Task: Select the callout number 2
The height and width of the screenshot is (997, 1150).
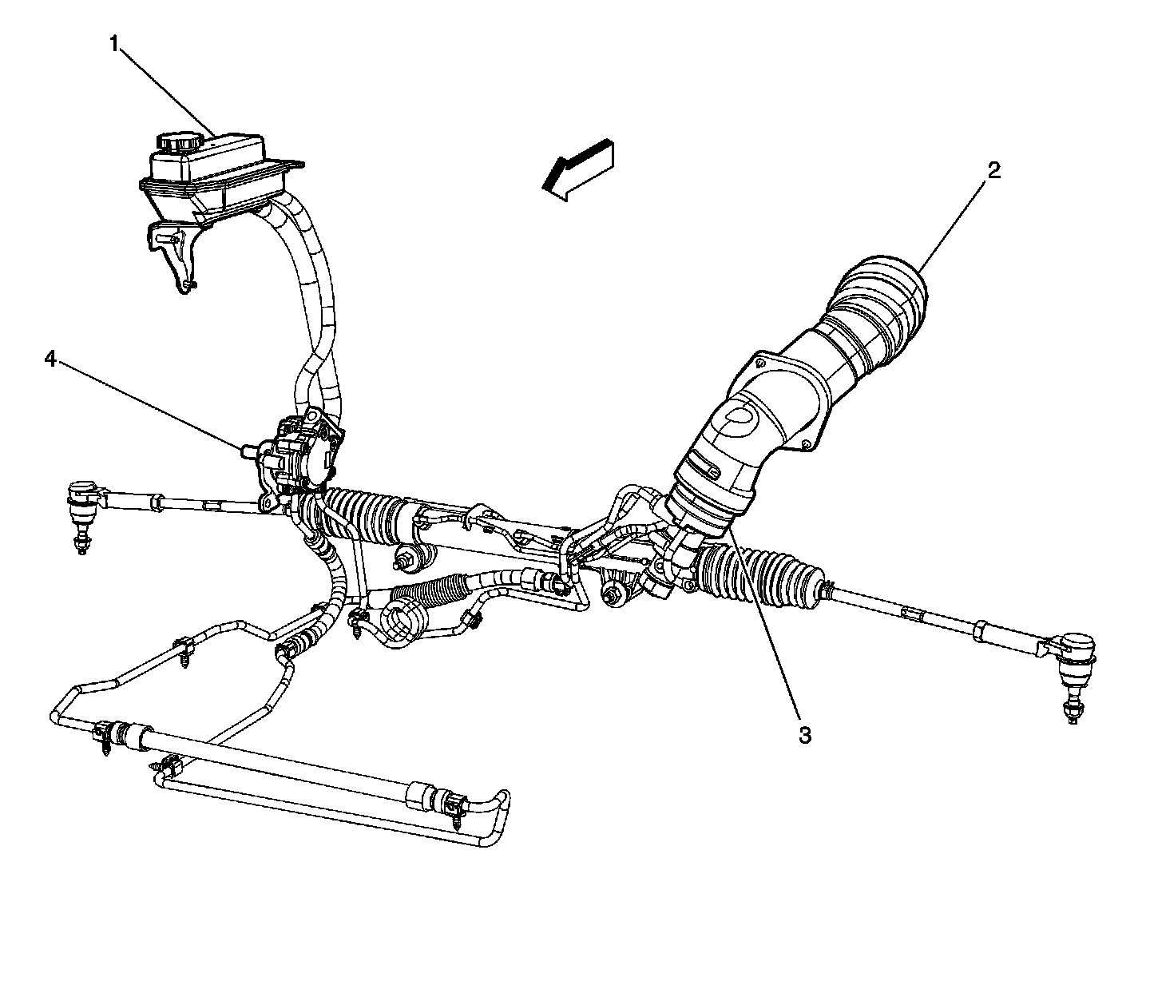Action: click(993, 169)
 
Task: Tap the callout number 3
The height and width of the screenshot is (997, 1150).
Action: click(805, 735)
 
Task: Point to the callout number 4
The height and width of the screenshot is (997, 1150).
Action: click(50, 360)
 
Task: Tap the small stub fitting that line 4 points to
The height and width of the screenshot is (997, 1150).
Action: click(247, 451)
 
